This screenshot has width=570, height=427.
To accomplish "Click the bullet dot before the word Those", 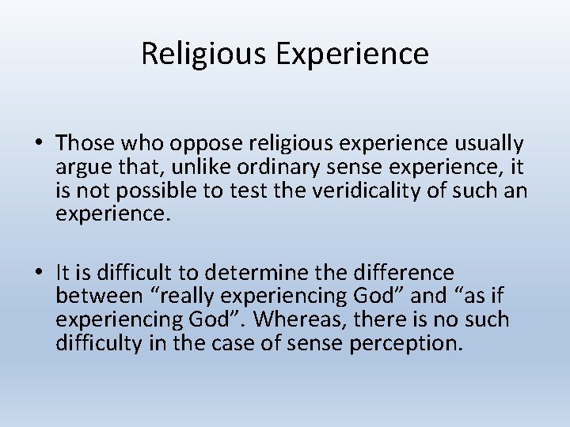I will coord(38,144).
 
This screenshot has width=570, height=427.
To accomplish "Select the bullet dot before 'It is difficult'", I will coord(38,274).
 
